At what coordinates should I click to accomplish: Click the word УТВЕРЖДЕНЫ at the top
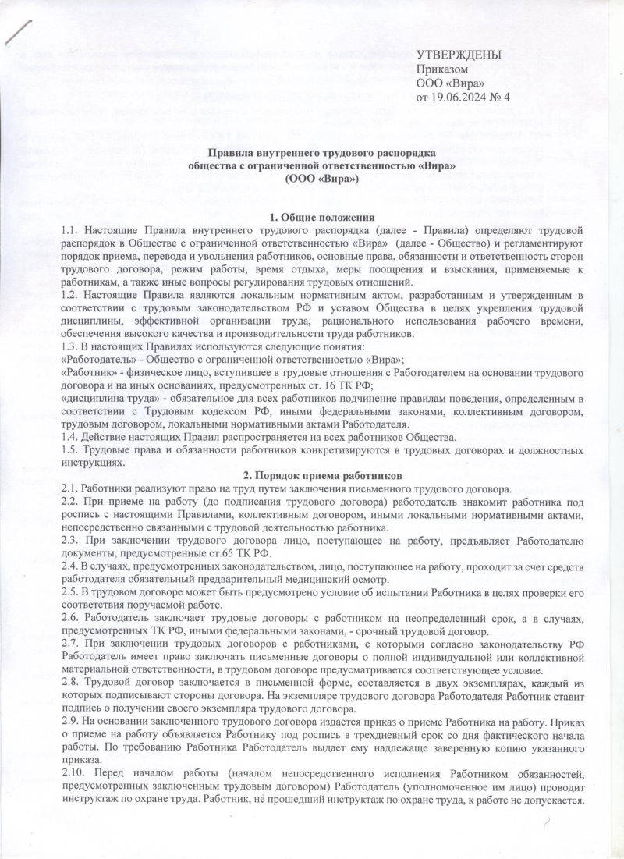tap(459, 55)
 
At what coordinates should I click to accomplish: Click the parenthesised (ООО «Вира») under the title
tap(321, 179)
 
